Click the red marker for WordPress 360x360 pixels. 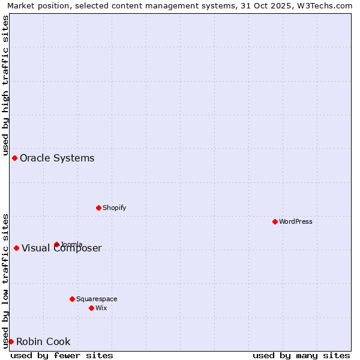[x=275, y=221]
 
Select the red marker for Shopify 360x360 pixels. [x=98, y=208]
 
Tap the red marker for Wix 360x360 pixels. [x=91, y=308]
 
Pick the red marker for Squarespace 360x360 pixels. [x=72, y=299]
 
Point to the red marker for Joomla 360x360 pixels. [x=56, y=244]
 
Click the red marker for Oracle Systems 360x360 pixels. [x=14, y=158]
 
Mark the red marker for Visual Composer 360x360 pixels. [x=16, y=248]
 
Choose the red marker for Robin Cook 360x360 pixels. [x=11, y=341]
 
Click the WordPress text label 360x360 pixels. [x=296, y=221]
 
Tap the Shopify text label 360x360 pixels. [x=114, y=208]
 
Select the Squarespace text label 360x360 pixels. [x=97, y=299]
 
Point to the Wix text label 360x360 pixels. [x=101, y=308]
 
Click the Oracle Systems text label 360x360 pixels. [x=57, y=158]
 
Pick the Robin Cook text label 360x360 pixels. [x=43, y=342]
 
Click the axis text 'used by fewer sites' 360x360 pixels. [x=62, y=355]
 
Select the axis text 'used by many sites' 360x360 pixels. [x=301, y=355]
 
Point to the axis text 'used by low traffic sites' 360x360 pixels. [x=5, y=280]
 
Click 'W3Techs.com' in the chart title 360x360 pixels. [x=328, y=5]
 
